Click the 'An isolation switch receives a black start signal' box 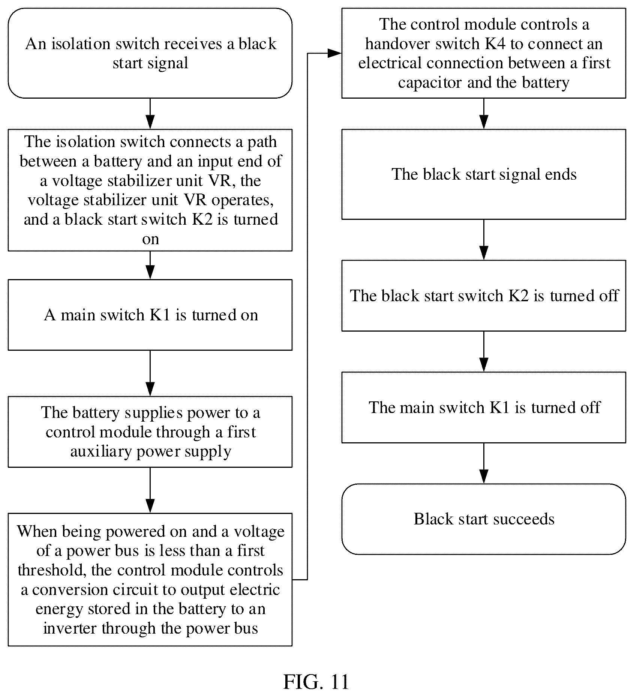tap(150, 53)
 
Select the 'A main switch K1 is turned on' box tap(150, 315)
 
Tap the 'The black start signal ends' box tap(484, 174)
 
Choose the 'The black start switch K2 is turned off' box tap(484, 296)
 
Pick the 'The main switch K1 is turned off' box tap(484, 407)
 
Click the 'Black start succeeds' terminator tap(484, 519)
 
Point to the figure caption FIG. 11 tap(316, 682)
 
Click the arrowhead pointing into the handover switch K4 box tap(335, 53)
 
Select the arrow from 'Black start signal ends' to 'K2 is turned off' tap(484, 240)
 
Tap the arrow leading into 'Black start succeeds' tap(484, 463)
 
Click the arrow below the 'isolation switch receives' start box tap(150, 114)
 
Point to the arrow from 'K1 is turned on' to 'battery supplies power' tap(150, 374)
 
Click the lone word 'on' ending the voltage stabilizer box tap(150, 239)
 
